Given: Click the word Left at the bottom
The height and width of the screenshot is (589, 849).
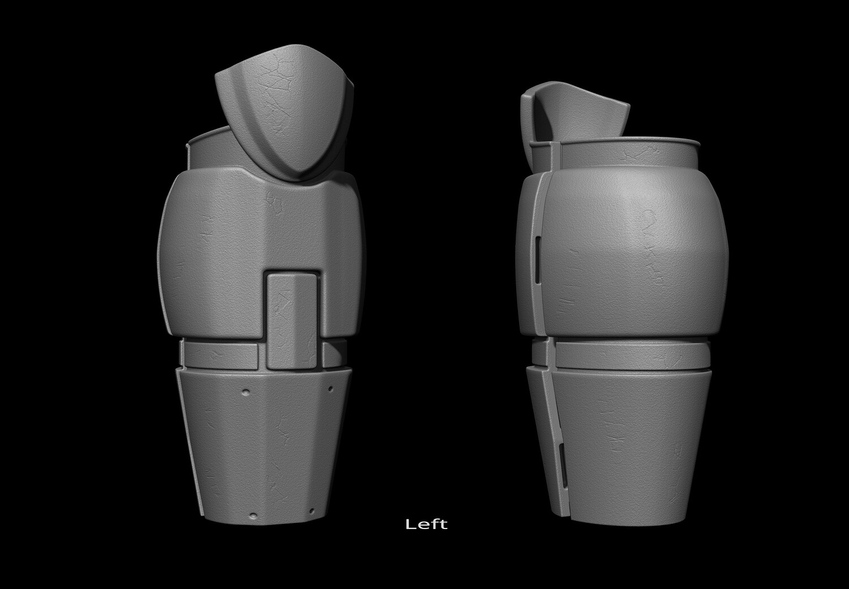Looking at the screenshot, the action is coord(426,524).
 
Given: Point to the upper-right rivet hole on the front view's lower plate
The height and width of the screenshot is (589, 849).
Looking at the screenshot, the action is coord(330,389).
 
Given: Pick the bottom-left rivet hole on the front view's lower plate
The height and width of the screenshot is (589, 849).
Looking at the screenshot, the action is coord(254,516).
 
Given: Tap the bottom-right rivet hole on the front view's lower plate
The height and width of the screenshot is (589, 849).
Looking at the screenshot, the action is coord(312,512).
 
